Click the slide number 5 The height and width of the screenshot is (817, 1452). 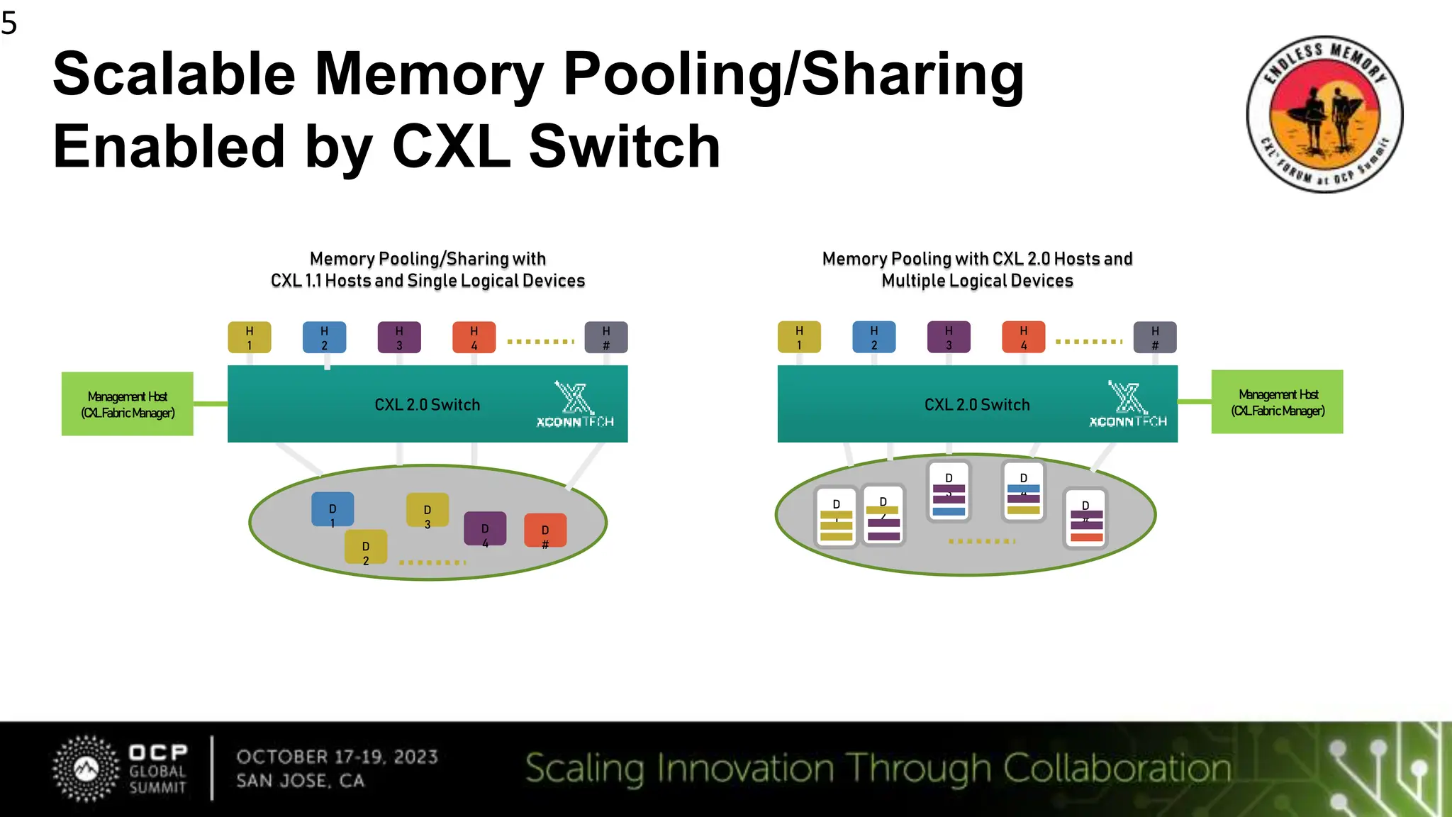point(9,23)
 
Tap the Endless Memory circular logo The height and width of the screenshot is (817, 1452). point(1324,114)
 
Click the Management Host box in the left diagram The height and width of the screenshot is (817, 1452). point(128,404)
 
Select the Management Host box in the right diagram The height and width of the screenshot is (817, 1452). point(1277,402)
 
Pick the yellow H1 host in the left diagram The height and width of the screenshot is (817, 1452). point(249,338)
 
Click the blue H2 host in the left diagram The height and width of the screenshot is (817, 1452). point(324,338)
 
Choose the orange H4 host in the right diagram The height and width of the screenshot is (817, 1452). point(1023,338)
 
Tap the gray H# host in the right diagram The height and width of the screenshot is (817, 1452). point(1155,338)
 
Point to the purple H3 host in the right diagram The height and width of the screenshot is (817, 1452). point(949,338)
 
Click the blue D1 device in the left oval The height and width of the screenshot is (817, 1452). point(333,509)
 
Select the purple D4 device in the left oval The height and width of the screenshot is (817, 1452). point(485,529)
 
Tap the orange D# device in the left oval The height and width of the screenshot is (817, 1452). point(545,530)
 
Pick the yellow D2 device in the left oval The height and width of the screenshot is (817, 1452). point(366,548)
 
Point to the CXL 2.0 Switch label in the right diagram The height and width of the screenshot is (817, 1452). point(977,405)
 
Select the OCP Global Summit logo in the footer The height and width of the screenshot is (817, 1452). point(121,769)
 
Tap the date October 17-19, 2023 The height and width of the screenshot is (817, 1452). point(337,757)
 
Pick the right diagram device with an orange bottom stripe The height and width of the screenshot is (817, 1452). point(1085,519)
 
